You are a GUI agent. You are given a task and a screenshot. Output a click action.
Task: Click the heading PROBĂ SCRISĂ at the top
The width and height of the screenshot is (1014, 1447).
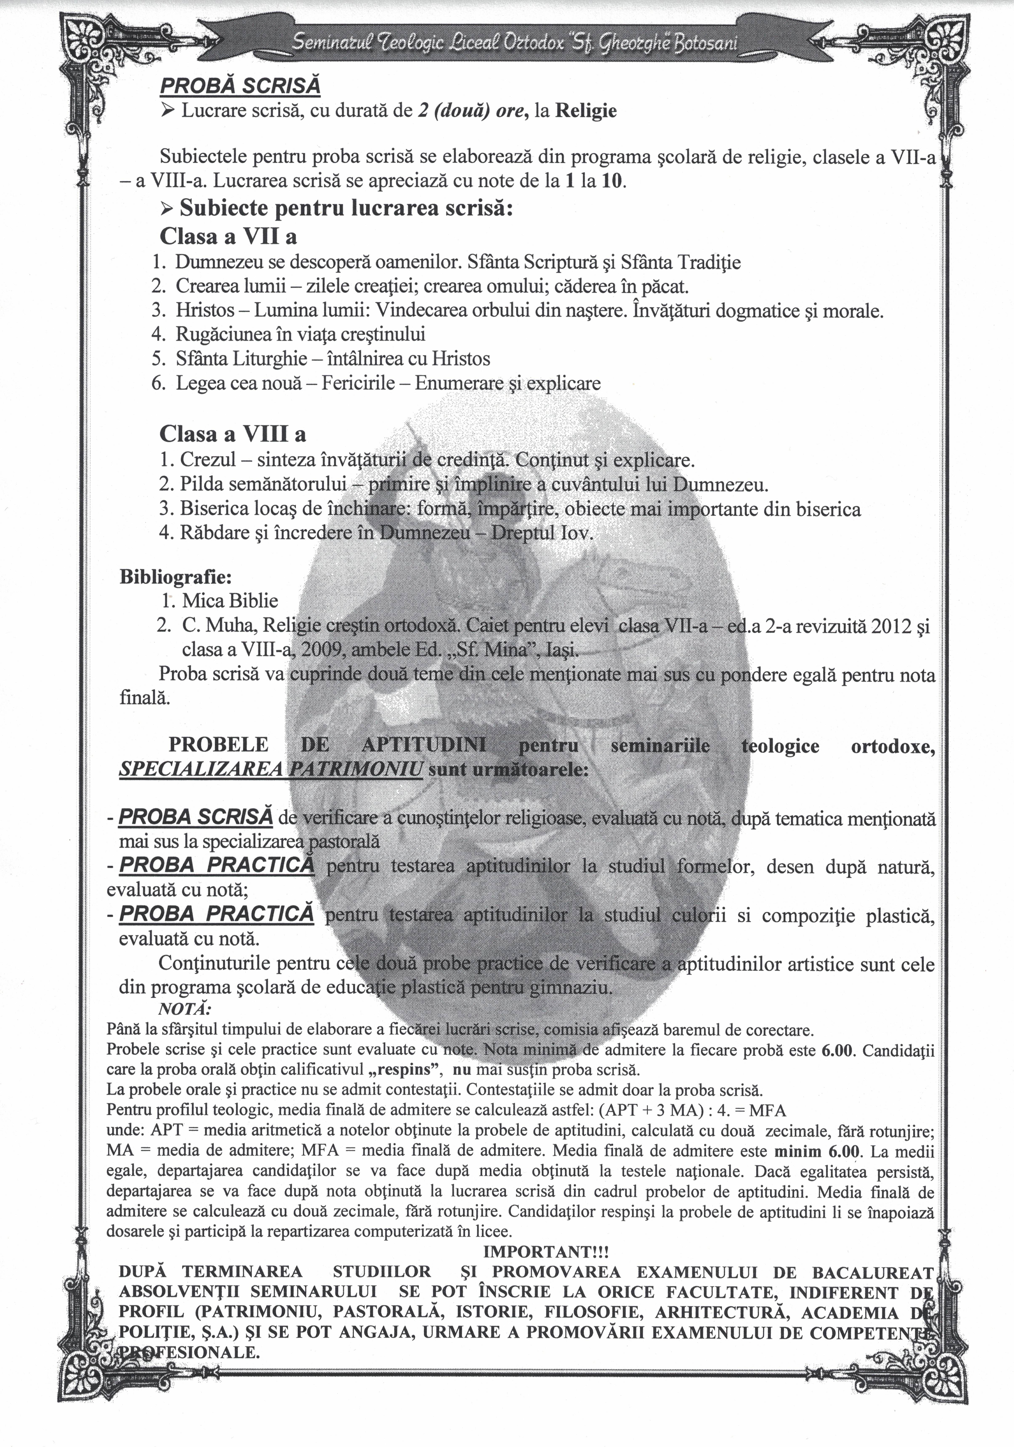tap(240, 86)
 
